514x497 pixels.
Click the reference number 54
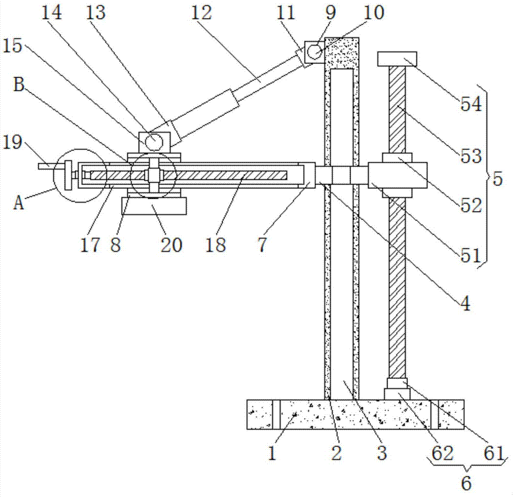tap(471, 104)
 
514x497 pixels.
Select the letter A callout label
tap(19, 202)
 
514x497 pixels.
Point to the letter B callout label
tap(19, 85)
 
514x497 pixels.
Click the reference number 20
tap(171, 245)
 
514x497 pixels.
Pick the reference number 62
tap(442, 453)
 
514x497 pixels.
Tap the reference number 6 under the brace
tap(466, 483)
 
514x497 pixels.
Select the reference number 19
tap(12, 142)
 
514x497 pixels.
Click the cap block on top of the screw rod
tap(397, 59)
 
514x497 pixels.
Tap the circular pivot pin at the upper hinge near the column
tap(315, 51)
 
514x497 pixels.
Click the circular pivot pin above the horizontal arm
tap(154, 142)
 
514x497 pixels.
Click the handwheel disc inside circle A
tap(68, 175)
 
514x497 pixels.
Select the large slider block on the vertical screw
tap(397, 175)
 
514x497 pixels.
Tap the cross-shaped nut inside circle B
tap(153, 176)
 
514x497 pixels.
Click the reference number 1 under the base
tap(272, 453)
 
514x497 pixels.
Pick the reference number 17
tap(90, 245)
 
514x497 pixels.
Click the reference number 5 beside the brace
tap(498, 179)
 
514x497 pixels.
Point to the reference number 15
tap(12, 46)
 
